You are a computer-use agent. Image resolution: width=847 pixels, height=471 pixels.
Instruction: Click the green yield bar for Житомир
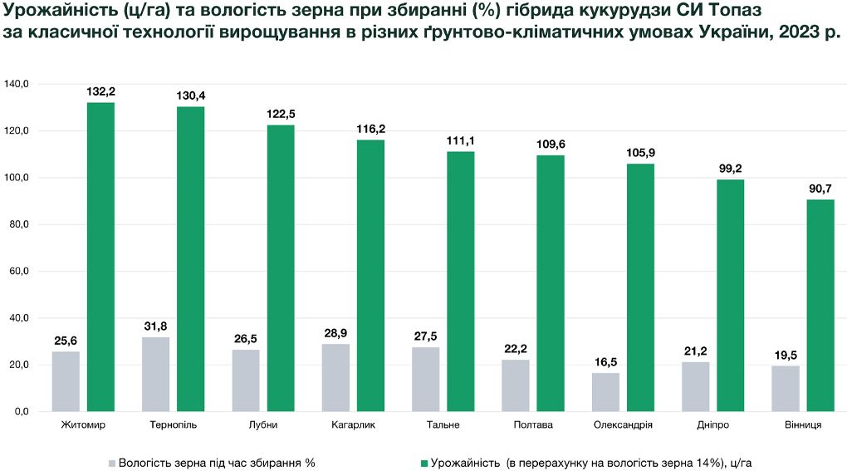click(100, 258)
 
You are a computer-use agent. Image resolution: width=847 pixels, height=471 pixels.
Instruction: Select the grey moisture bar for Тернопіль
click(155, 375)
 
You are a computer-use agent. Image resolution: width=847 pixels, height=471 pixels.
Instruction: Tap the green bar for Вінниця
click(820, 306)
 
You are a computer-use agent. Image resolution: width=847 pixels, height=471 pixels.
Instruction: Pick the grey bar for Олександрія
click(605, 392)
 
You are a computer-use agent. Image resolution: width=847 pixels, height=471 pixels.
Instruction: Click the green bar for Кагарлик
click(370, 276)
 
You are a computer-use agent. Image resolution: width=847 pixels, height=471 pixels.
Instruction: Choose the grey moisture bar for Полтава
click(516, 385)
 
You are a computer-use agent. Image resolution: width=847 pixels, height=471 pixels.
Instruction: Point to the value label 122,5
click(281, 114)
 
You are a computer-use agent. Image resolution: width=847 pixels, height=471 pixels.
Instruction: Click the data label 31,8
click(155, 326)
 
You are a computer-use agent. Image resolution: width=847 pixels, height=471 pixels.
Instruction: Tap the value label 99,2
click(730, 169)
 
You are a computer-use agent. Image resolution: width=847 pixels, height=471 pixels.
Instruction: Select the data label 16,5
click(605, 362)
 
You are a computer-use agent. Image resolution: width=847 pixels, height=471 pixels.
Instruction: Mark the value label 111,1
click(460, 141)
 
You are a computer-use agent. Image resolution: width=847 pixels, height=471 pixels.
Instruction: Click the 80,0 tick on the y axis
click(19, 224)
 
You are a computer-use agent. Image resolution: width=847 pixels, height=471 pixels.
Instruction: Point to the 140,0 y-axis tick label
click(17, 84)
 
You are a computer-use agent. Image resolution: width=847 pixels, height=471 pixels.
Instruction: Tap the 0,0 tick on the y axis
click(22, 411)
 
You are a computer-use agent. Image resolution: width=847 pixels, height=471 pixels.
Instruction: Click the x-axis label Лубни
click(263, 425)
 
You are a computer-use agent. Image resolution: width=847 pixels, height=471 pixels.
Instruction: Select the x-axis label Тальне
click(443, 425)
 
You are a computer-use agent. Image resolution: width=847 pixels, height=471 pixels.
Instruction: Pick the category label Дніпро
click(713, 425)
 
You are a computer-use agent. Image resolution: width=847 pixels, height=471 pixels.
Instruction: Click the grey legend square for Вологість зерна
click(112, 464)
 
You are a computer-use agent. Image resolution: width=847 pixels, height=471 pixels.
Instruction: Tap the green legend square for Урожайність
click(424, 464)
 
